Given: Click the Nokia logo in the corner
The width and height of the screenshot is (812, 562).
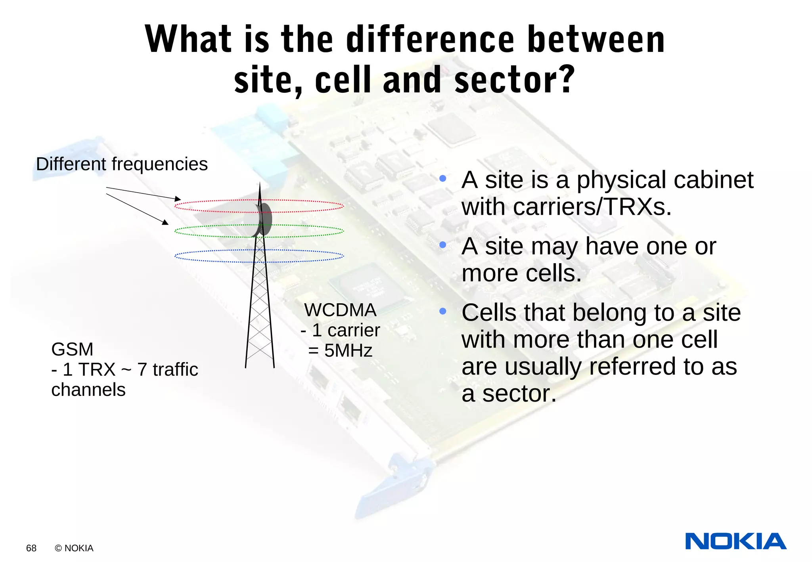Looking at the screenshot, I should [x=735, y=541].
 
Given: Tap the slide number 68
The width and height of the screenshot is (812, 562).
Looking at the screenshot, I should [x=31, y=548].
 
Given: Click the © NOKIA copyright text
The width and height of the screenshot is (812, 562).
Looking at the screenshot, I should [x=74, y=548].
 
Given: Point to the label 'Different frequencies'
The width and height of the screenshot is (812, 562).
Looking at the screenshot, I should [x=122, y=164].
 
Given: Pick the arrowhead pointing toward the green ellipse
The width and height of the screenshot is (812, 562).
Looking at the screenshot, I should [x=165, y=222].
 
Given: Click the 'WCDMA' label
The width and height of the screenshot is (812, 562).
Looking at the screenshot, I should [x=340, y=310].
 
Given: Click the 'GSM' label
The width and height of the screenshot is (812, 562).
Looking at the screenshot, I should [x=72, y=350].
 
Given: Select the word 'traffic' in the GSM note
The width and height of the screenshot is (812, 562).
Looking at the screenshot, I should [x=175, y=370].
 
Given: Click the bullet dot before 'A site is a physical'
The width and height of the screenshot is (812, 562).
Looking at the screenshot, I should [x=443, y=179].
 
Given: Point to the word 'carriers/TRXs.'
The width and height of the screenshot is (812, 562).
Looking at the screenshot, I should [x=593, y=207].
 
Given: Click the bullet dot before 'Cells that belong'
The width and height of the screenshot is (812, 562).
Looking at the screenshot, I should [x=443, y=312].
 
